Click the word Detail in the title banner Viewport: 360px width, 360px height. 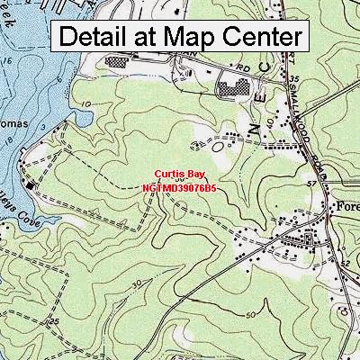(x=99, y=37)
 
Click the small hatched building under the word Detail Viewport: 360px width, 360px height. (x=117, y=63)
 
